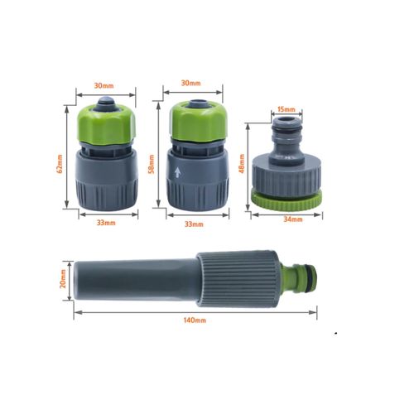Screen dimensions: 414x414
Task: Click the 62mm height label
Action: coord(60,163)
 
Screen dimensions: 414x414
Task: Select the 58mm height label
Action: coord(152,164)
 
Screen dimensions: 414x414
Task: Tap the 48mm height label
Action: coord(242,163)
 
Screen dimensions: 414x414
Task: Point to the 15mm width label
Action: coord(286,109)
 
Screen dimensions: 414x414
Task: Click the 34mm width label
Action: coord(293,219)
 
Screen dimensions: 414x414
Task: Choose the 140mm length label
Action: coord(195,320)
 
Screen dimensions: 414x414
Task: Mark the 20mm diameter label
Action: coord(63,279)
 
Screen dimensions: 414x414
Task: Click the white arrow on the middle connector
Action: coord(178,173)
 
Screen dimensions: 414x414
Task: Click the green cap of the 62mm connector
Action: coord(106,125)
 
